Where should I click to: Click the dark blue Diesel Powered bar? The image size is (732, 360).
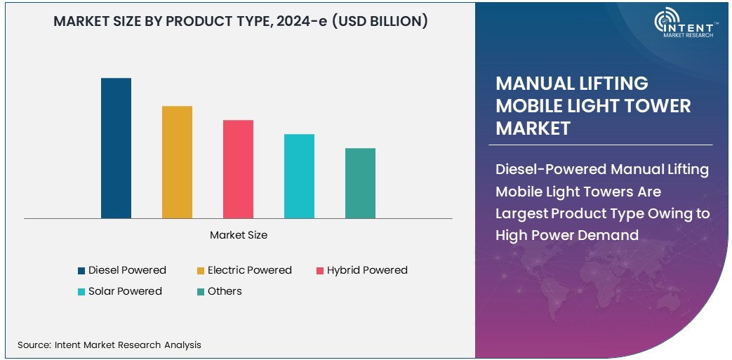pyautogui.click(x=116, y=148)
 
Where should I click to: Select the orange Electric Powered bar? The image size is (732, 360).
pyautogui.click(x=177, y=162)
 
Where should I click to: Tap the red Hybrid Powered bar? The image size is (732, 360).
pyautogui.click(x=238, y=169)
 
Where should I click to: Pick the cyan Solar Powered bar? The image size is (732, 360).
pyautogui.click(x=299, y=176)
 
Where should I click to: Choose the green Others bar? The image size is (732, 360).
pyautogui.click(x=360, y=183)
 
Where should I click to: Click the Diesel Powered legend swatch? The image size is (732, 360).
pyautogui.click(x=81, y=271)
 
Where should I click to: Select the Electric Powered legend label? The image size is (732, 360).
pyautogui.click(x=249, y=270)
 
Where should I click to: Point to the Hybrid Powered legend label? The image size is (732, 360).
pyautogui.click(x=367, y=270)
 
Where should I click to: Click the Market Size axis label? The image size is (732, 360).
pyautogui.click(x=239, y=235)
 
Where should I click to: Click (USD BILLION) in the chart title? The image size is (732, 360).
pyautogui.click(x=380, y=21)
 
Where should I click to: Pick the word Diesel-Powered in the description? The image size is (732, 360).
pyautogui.click(x=551, y=169)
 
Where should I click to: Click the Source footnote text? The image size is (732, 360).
pyautogui.click(x=109, y=345)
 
